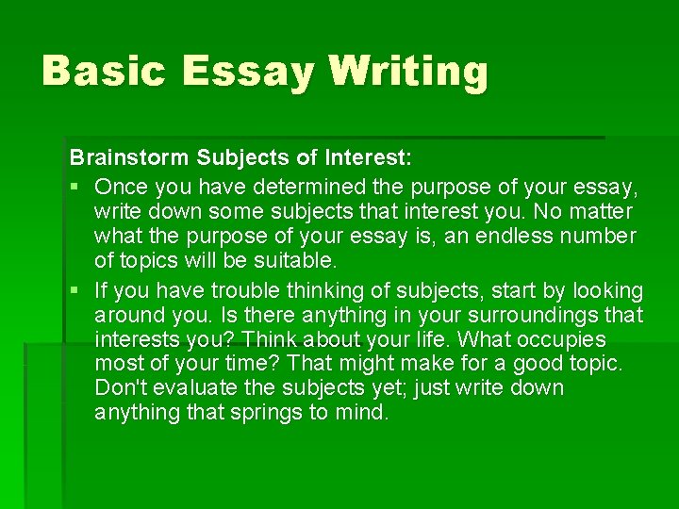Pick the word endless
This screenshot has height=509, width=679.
tap(496, 236)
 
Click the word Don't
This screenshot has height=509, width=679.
tap(119, 388)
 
